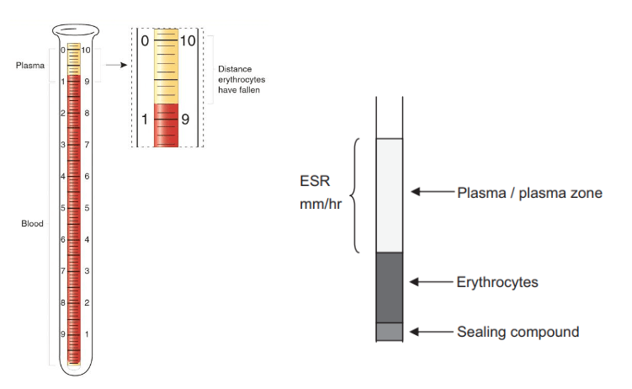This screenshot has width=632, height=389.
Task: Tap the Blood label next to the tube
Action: coord(32,224)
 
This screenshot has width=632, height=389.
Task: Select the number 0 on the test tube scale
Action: coord(62,51)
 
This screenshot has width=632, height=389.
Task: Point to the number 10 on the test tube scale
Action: coord(87,51)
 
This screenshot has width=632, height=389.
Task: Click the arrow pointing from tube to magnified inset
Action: coord(115,64)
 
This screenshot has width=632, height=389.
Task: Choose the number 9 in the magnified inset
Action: coord(185,120)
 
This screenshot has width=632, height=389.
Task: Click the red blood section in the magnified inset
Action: coord(166,125)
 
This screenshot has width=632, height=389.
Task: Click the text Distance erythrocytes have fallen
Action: coord(239,79)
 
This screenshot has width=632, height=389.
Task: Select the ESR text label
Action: coord(312,181)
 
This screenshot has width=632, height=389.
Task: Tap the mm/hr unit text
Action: coord(320,205)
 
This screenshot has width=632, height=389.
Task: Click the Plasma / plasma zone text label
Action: coord(529,193)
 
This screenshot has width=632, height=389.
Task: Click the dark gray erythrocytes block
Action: coord(389,286)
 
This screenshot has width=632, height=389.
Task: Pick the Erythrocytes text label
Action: coord(497,282)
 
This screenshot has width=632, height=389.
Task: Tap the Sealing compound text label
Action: coord(518,331)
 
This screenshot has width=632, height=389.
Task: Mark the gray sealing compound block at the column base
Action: coord(389,331)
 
